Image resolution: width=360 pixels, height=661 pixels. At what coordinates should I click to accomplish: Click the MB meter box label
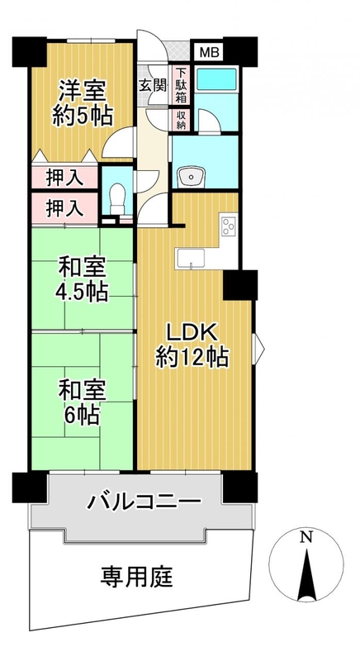click(209, 52)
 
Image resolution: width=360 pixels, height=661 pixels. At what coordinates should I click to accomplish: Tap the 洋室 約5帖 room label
click(82, 103)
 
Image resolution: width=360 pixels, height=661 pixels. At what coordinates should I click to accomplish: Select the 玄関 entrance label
click(153, 85)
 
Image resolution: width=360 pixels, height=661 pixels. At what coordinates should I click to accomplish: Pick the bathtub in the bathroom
click(216, 78)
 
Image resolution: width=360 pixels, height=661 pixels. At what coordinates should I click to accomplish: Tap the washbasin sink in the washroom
click(192, 177)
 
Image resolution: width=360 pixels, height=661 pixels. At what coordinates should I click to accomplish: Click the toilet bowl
click(116, 200)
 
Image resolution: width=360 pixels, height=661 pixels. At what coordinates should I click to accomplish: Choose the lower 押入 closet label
click(64, 209)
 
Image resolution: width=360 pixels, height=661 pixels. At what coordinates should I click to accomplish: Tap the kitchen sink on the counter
click(191, 258)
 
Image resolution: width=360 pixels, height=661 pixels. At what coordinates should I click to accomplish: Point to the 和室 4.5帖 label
click(82, 279)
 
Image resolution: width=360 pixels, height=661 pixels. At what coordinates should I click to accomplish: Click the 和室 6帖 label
click(82, 402)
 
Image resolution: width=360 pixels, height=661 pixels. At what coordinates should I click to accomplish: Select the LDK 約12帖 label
click(192, 345)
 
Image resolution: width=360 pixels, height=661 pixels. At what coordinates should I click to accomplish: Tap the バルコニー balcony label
click(144, 502)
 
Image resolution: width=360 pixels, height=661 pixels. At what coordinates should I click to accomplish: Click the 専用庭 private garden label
click(136, 577)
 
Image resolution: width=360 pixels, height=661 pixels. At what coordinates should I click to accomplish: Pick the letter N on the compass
click(306, 537)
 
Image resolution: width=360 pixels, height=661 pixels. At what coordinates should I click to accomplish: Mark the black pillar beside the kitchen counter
click(240, 285)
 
